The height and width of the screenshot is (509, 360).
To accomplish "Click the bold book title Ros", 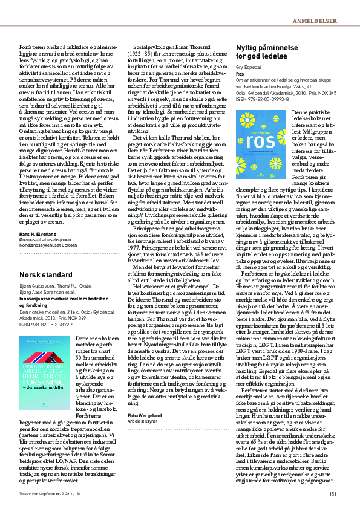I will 240,73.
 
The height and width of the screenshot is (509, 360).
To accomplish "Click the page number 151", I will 332,494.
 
